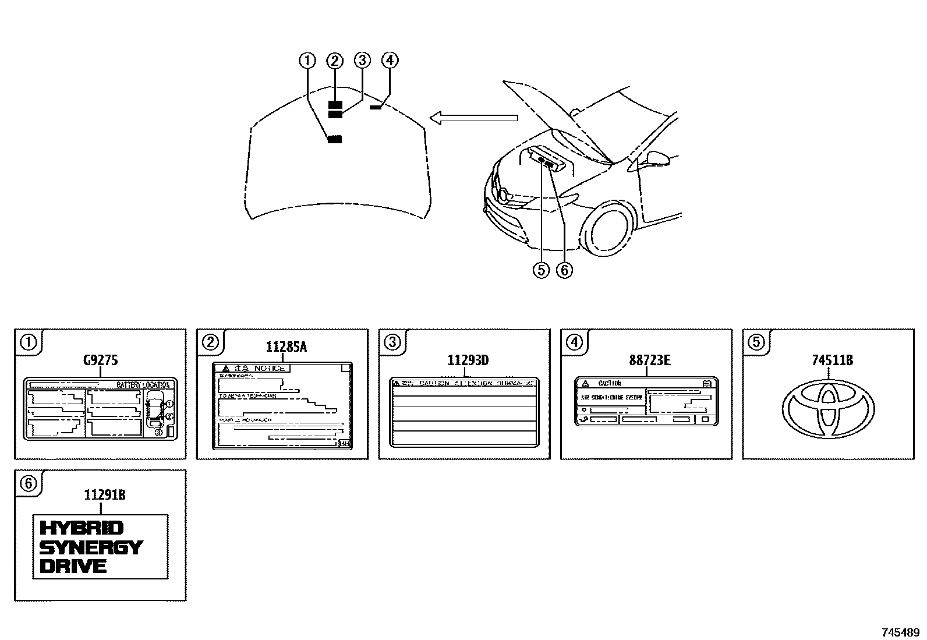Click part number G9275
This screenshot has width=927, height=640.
click(100, 360)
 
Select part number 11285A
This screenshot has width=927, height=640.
click(286, 348)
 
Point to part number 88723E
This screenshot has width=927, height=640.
click(649, 360)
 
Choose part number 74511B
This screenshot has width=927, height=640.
click(832, 360)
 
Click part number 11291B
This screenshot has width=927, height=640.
click(105, 496)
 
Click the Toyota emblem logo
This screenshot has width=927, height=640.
click(827, 409)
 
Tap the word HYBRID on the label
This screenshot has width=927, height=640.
click(82, 528)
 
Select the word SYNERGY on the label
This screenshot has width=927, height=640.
click(91, 547)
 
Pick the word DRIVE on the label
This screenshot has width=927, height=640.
click(73, 566)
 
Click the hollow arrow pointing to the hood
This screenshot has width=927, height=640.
click(473, 118)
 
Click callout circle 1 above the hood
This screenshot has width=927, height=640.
click(307, 60)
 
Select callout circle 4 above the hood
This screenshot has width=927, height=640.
click(390, 60)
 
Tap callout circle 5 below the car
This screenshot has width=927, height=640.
click(541, 270)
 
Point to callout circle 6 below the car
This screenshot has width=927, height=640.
click(564, 270)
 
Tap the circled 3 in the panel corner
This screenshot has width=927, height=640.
click(392, 342)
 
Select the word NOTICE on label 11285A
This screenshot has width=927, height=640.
click(270, 368)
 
